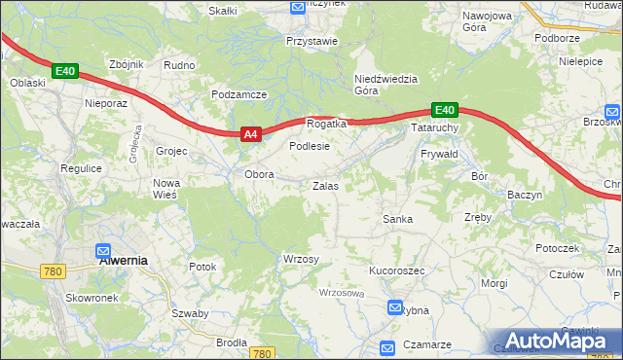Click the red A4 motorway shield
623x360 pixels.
(250, 135)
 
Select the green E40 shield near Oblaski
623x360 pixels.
(64, 71)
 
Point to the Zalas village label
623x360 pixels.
(325, 185)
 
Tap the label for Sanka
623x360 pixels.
(397, 219)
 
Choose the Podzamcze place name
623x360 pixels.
(238, 94)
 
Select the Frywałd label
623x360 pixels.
(439, 154)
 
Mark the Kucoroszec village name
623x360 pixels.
(396, 270)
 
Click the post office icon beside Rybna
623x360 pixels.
(395, 308)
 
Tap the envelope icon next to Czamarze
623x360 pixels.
(386, 347)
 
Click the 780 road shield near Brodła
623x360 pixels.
(261, 354)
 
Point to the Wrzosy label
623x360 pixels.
(301, 258)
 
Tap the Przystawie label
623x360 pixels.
(311, 41)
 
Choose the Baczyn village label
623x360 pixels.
(524, 195)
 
